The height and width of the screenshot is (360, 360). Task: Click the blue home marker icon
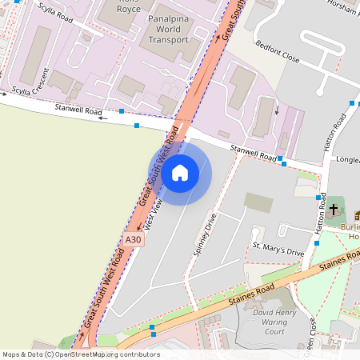(180, 172)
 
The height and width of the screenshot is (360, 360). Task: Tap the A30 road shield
(134, 239)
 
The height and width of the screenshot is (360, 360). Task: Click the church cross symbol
(334, 209)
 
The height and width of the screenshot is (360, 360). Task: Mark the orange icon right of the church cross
(357, 214)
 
